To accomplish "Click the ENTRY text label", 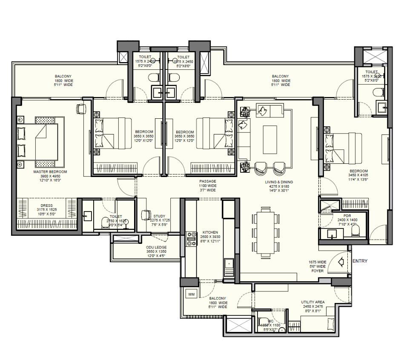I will [x=360, y=261].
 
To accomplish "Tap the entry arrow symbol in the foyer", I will [x=341, y=262].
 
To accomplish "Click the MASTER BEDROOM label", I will [x=50, y=172].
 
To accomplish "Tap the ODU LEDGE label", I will [x=156, y=247].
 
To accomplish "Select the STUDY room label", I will [x=160, y=216].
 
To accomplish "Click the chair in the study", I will [x=146, y=215].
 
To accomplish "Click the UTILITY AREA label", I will [x=313, y=302].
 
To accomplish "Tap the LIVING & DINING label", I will [x=279, y=182].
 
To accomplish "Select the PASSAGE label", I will [x=208, y=181].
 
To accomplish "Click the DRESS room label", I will [x=47, y=206].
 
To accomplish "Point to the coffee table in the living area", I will [x=270, y=139].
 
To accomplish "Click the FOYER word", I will [x=317, y=271].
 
